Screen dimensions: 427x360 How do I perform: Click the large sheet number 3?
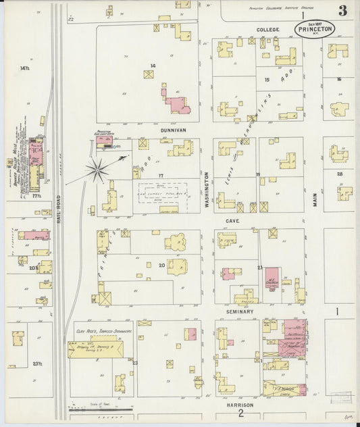pos(343,10)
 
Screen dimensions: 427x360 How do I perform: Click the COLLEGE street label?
pos(267,30)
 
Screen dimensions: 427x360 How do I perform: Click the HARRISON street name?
pos(240,405)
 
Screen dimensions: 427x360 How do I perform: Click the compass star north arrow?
pos(98,170)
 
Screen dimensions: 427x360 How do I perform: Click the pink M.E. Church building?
pos(272,278)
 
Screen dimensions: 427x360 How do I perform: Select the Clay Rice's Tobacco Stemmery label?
pos(103,332)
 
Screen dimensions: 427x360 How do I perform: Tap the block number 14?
pos(153,66)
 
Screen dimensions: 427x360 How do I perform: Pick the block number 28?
pos(340,174)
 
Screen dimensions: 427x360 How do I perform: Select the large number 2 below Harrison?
pos(240,414)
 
